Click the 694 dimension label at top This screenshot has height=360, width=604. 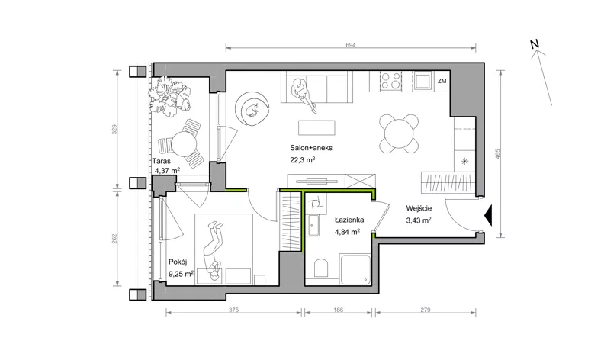[351, 45]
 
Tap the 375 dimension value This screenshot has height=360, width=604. [234, 310]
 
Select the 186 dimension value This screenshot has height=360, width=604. [338, 310]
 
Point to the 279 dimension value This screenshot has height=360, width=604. [426, 310]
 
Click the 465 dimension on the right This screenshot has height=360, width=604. [498, 154]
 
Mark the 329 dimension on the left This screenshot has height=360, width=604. [114, 129]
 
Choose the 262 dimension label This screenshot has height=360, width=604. [114, 239]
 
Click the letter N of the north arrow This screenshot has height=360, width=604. [535, 44]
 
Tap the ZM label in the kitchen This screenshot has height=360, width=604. [442, 81]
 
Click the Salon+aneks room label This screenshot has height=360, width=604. [311, 148]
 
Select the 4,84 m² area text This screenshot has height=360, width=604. [348, 232]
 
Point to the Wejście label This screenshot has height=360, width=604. [419, 208]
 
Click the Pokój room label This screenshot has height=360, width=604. [178, 262]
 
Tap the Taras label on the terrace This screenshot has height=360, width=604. [162, 161]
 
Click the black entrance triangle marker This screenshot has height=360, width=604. [488, 216]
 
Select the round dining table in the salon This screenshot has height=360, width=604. [399, 133]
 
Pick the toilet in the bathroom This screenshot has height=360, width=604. [321, 268]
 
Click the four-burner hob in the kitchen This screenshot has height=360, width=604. [390, 81]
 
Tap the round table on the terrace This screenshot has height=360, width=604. [184, 144]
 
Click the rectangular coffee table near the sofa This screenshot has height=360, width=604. [316, 128]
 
